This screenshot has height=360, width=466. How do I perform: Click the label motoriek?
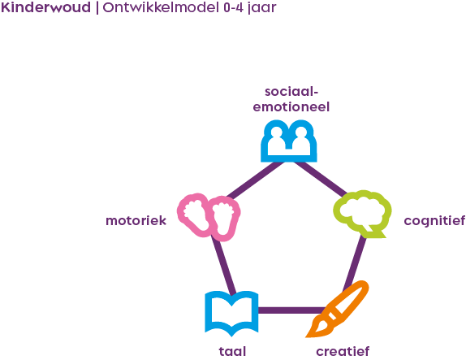coord(136,220)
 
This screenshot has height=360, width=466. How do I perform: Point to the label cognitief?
coord(434,220)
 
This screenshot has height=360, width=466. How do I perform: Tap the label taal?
coord(232,352)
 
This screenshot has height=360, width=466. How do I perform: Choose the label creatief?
coord(342,352)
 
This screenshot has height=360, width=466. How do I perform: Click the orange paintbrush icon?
coord(339,309)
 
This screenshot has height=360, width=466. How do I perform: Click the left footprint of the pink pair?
coord(194,214)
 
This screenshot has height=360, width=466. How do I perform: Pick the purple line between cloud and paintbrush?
coord(355,260)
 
